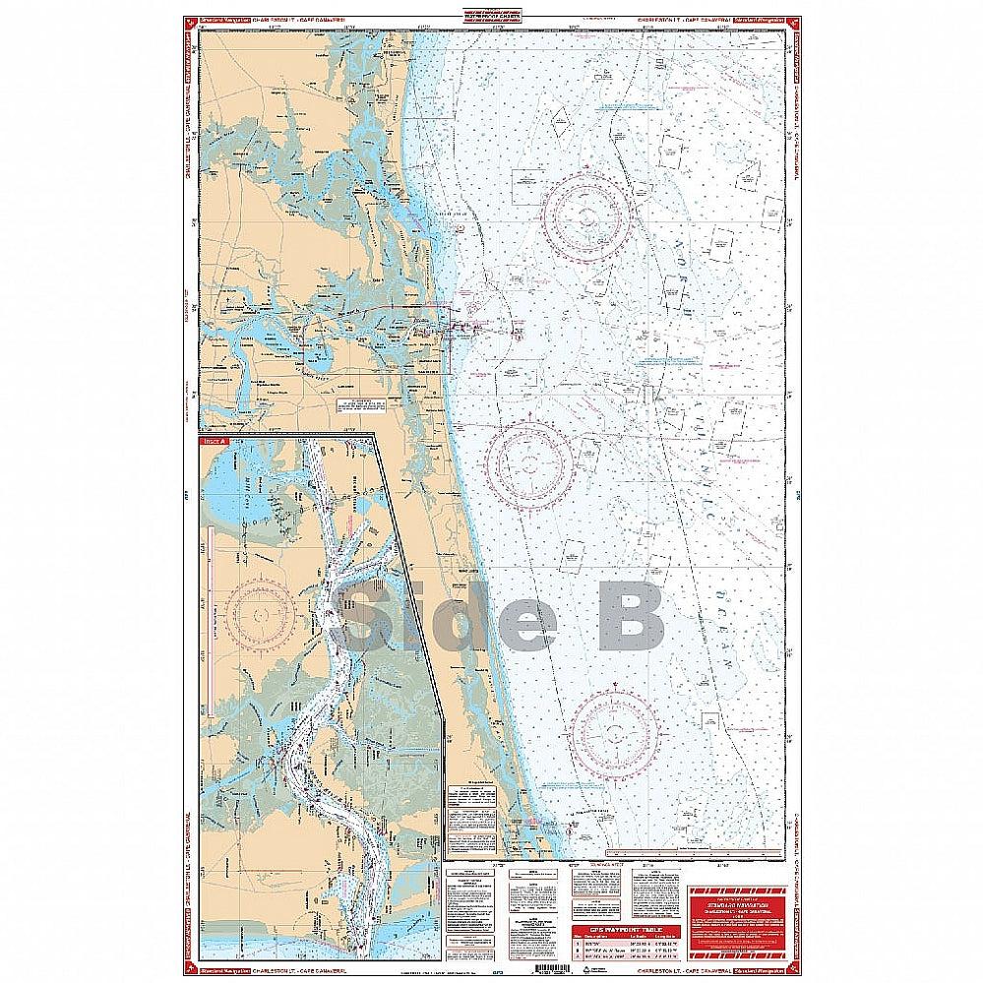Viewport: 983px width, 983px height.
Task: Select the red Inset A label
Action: (214, 442)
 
